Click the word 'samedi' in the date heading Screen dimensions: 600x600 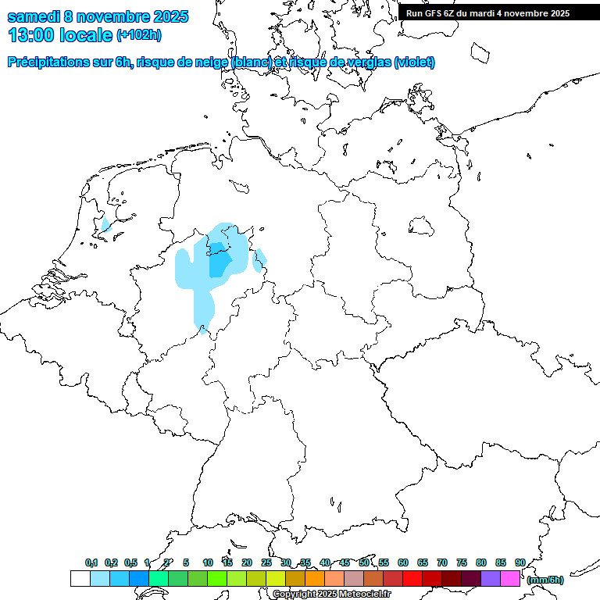point(35,16)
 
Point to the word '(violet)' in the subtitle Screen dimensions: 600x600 point(415,62)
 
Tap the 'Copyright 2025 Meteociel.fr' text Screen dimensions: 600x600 point(333,595)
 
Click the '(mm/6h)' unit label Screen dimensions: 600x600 point(545,580)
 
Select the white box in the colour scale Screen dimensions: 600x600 point(80,579)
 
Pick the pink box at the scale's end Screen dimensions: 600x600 point(510,579)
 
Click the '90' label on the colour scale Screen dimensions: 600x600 point(520,562)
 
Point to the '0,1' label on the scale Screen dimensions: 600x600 point(91,562)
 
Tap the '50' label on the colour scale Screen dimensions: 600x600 point(364,562)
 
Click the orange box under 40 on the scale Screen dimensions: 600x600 point(315,579)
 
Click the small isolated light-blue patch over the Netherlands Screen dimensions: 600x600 point(105,225)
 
